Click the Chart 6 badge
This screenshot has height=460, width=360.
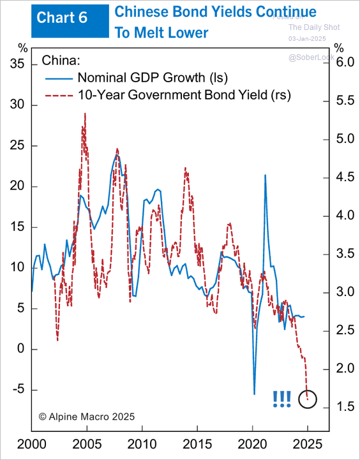(62, 19)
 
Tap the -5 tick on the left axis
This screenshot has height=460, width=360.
(18, 389)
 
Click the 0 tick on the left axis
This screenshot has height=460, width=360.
(20, 349)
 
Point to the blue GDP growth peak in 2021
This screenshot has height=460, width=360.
(265, 175)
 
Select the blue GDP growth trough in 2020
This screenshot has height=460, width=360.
(254, 394)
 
